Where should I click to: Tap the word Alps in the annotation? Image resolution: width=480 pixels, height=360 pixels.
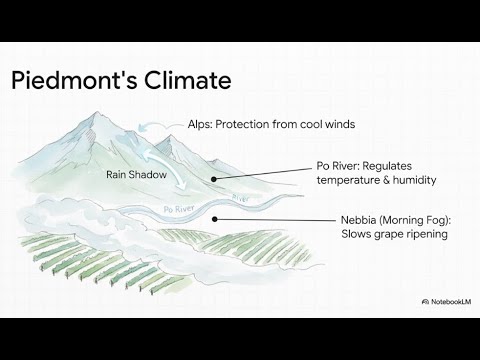point(200,125)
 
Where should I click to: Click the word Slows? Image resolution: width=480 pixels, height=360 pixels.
point(356,235)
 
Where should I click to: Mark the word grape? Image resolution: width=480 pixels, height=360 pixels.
point(388,235)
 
